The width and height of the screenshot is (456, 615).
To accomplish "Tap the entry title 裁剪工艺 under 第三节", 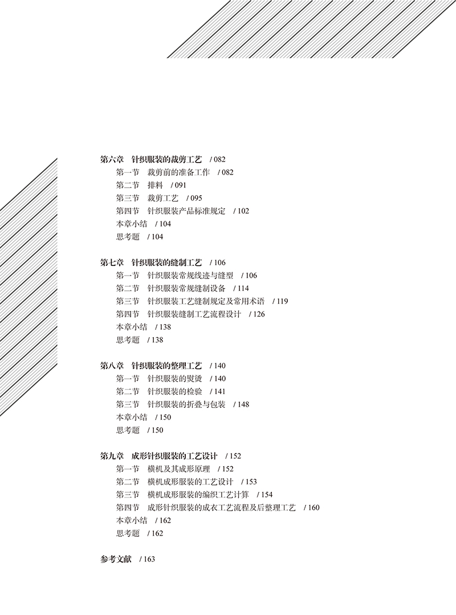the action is pyautogui.click(x=163, y=198).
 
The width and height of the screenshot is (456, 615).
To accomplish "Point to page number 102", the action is pyautogui.click(x=242, y=211).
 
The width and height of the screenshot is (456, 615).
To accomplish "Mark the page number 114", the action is pyautogui.click(x=242, y=289).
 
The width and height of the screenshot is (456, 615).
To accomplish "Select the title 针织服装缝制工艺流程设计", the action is pyautogui.click(x=194, y=314).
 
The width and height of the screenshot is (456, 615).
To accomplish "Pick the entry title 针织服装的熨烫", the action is pyautogui.click(x=174, y=378).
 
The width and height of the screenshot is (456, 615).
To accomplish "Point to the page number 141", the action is pyautogui.click(x=219, y=391).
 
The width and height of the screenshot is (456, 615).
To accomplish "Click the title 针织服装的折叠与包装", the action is pyautogui.click(x=186, y=404).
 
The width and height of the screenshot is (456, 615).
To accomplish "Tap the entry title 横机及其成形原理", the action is pyautogui.click(x=178, y=469).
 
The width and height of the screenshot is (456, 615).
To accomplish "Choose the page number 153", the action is pyautogui.click(x=250, y=482).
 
